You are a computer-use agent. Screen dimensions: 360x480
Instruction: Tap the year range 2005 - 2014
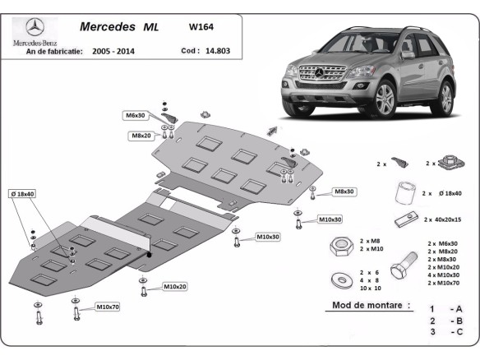114,51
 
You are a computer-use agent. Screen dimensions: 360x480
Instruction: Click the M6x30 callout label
136,116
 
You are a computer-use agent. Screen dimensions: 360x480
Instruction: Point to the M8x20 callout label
140,136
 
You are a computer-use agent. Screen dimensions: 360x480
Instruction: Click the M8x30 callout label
344,192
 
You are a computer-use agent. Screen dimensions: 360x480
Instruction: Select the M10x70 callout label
108,307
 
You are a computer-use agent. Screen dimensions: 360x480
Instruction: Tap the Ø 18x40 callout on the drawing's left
22,193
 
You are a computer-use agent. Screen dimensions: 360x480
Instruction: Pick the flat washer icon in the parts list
339,279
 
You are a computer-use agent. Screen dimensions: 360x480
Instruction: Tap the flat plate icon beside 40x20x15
404,219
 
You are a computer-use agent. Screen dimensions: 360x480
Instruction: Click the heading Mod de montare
370,305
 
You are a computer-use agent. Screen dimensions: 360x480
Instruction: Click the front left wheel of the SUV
385,100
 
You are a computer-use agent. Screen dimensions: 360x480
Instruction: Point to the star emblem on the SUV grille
312,74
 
